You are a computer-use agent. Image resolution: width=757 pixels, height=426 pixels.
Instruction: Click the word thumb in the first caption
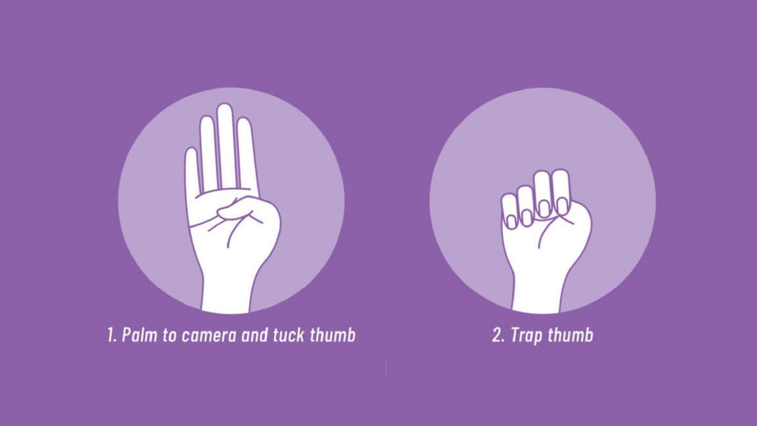click(333, 335)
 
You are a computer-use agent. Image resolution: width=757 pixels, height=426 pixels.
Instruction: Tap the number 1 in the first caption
click(111, 335)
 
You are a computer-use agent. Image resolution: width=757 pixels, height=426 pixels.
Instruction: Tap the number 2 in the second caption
click(498, 335)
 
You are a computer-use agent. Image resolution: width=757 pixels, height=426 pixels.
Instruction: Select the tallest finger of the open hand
click(225, 145)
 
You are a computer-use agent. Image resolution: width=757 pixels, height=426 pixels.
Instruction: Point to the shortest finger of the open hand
click(192, 171)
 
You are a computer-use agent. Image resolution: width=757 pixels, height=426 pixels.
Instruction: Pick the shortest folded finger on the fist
click(509, 211)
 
